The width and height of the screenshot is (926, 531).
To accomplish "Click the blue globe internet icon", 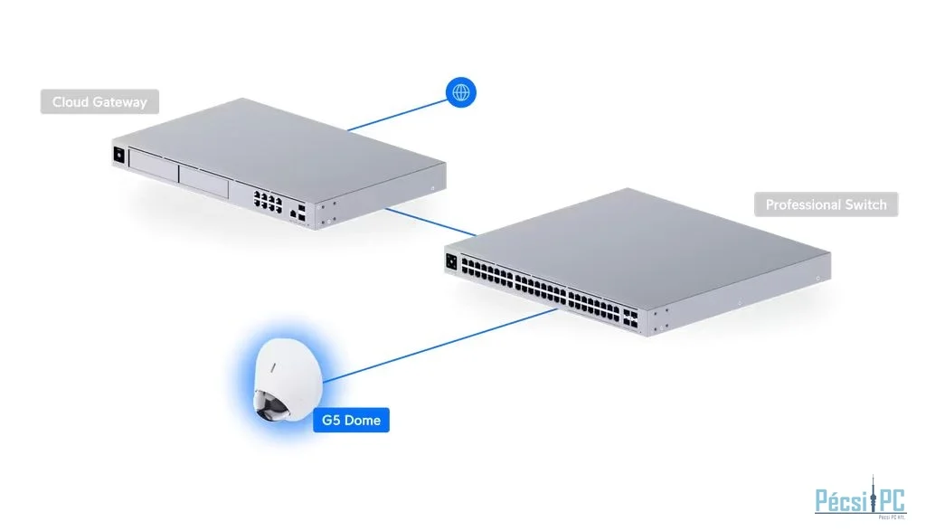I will click(x=461, y=91).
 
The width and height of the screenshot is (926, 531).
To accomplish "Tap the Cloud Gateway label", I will click(x=99, y=102).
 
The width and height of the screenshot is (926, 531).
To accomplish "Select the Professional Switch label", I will click(x=826, y=204).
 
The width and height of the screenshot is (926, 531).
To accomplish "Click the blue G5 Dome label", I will click(x=351, y=421).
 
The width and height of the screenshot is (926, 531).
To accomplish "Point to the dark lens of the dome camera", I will click(x=272, y=409).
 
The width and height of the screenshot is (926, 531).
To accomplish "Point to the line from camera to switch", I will click(x=443, y=344).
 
